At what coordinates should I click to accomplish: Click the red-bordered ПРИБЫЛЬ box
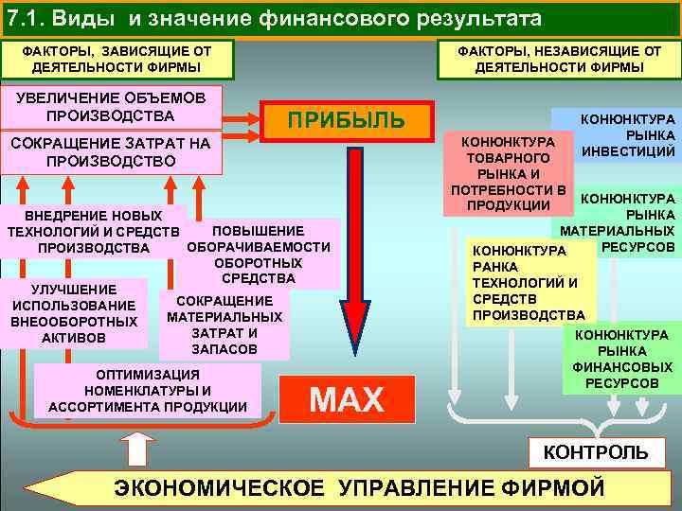(x=346, y=121)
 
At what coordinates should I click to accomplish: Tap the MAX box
(x=347, y=399)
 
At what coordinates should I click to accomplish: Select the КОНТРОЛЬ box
(x=595, y=452)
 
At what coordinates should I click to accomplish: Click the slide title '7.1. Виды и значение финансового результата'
(x=275, y=18)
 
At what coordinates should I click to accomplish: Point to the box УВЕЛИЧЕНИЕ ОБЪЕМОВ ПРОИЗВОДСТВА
(x=111, y=107)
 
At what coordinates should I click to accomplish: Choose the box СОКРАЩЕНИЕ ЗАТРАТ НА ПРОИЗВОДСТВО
(x=111, y=152)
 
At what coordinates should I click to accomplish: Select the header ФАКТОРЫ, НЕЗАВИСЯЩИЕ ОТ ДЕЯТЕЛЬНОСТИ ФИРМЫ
(x=559, y=59)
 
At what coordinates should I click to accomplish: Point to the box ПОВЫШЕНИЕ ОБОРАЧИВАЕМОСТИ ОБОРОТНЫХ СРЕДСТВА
(x=259, y=254)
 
